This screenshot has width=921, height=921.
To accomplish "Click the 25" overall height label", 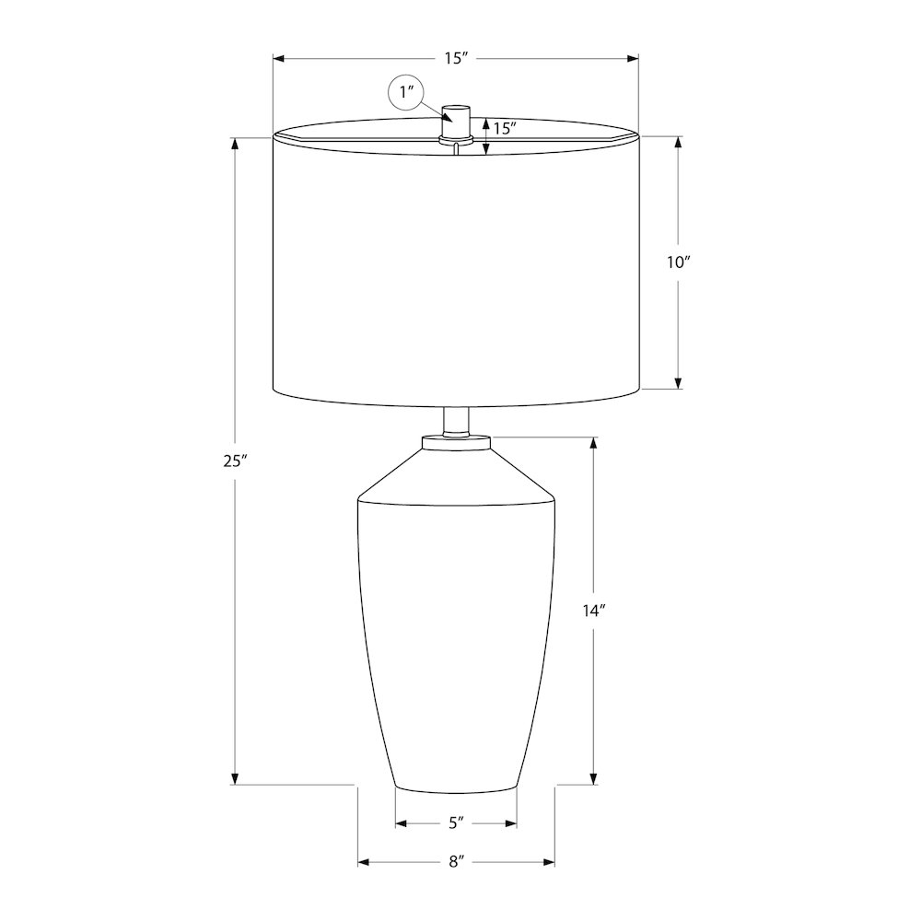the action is [233, 461].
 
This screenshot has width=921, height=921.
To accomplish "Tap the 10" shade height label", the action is [678, 262].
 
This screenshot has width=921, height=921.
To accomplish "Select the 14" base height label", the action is [594, 611].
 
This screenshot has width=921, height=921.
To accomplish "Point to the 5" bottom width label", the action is [457, 822].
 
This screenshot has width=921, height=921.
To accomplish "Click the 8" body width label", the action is [457, 862].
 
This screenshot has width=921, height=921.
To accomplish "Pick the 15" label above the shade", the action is [456, 58].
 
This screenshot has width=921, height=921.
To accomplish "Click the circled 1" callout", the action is [406, 92].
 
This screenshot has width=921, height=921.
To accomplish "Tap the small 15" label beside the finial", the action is [505, 128].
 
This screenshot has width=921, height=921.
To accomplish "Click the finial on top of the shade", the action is [457, 123].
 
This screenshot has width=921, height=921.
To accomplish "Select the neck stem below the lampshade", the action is [457, 422].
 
